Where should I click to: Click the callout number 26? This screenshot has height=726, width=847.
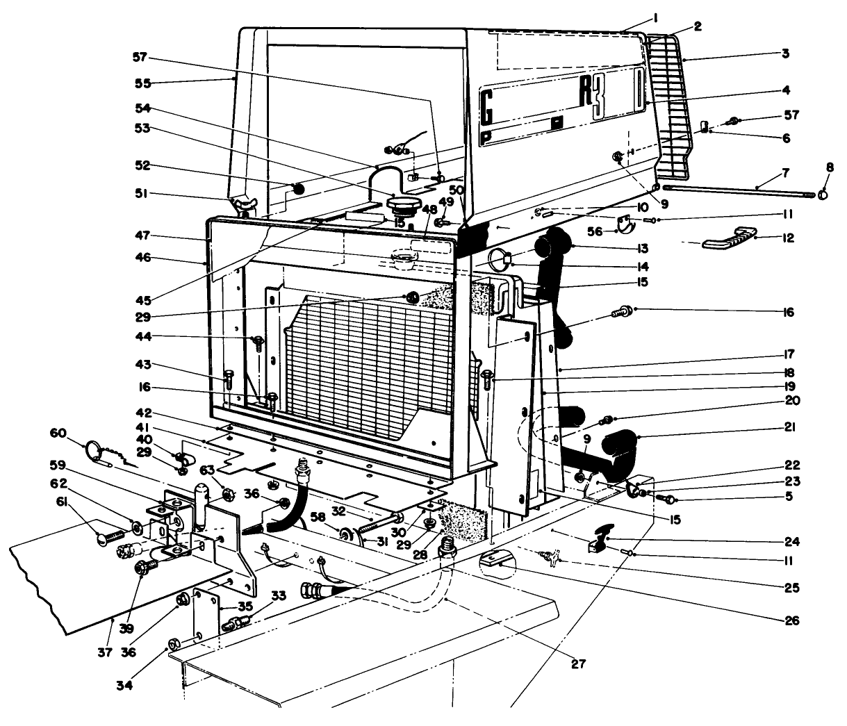(x=790, y=620)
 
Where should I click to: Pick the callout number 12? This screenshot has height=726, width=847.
(x=786, y=239)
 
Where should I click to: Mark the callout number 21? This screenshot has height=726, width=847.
(x=789, y=427)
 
